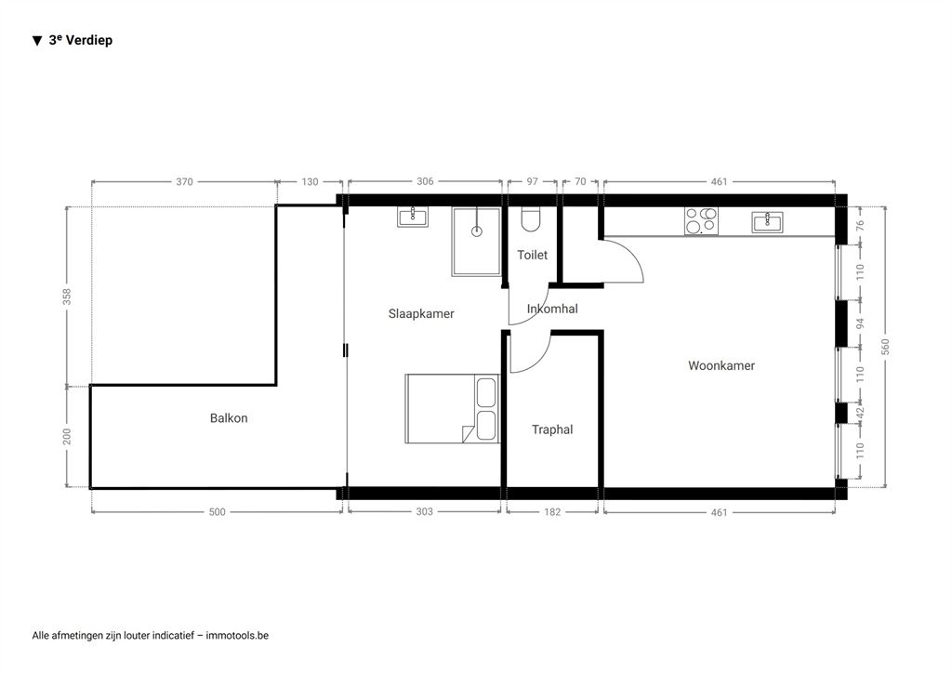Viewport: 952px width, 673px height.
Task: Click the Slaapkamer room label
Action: [x=421, y=314]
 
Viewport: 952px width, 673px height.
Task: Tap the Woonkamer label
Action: [x=721, y=365]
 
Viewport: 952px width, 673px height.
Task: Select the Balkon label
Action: [x=229, y=418]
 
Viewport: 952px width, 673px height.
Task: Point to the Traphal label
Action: [x=552, y=429]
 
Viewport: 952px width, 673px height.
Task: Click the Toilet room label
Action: [x=533, y=255]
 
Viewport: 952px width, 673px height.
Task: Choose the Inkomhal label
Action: [x=552, y=309]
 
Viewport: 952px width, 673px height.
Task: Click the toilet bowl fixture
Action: [x=531, y=220]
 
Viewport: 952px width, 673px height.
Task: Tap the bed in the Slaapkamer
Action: [x=452, y=408]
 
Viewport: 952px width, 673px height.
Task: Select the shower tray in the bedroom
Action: [x=477, y=242]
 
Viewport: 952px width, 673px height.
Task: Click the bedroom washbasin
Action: [x=413, y=216]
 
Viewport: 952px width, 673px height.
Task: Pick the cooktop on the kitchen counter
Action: [x=701, y=221]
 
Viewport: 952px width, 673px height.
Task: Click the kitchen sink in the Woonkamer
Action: [x=767, y=222]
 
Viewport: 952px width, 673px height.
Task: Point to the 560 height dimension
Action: [x=885, y=347]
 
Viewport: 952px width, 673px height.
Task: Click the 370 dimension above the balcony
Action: [x=185, y=181]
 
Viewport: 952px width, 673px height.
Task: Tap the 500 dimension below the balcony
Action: [x=217, y=512]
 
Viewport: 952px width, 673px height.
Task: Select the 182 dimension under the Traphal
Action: [x=552, y=512]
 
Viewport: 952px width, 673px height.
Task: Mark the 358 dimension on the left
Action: [x=67, y=297]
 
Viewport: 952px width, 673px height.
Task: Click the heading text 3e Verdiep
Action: [x=81, y=40]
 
